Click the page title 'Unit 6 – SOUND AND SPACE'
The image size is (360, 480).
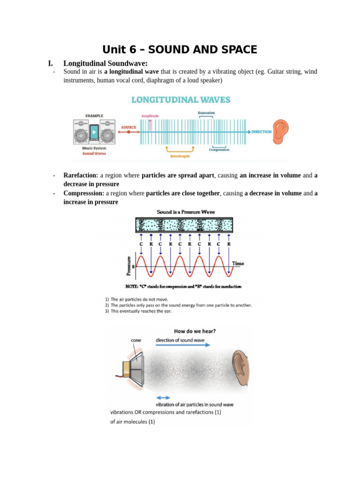(x=180, y=50)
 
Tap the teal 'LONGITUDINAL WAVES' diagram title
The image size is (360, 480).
(x=180, y=100)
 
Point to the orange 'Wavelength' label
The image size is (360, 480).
(x=180, y=156)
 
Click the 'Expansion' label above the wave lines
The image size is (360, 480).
(x=206, y=113)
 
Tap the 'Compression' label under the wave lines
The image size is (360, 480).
(x=219, y=150)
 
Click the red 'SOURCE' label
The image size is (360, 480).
(x=129, y=127)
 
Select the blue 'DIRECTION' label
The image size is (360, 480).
(x=262, y=132)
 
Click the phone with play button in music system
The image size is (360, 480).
(x=94, y=132)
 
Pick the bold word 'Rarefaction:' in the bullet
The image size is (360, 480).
(x=81, y=175)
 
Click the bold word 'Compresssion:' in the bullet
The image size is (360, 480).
(x=84, y=193)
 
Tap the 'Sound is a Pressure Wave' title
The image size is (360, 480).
(x=186, y=212)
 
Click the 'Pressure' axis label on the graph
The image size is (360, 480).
(x=129, y=265)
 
